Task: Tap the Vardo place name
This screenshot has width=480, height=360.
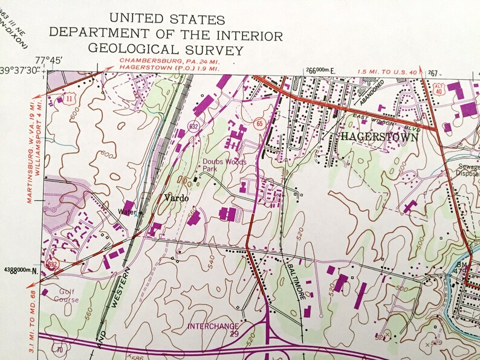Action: [x=175, y=198]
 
